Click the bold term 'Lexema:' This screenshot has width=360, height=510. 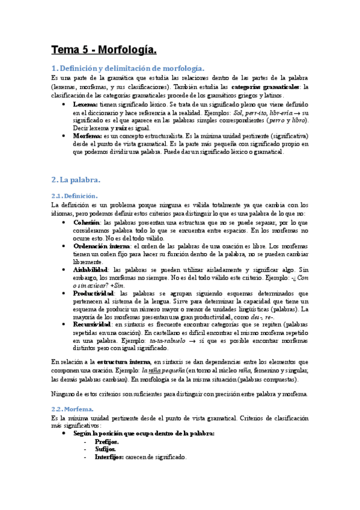(87, 104)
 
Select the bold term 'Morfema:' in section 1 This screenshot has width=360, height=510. (89, 136)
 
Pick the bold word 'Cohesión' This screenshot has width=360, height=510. (87, 222)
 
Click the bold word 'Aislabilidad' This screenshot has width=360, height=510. (91, 269)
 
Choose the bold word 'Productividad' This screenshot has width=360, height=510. (94, 293)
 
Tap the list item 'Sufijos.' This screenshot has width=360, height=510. (106, 449)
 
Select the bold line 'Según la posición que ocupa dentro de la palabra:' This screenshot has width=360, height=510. (144, 433)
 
